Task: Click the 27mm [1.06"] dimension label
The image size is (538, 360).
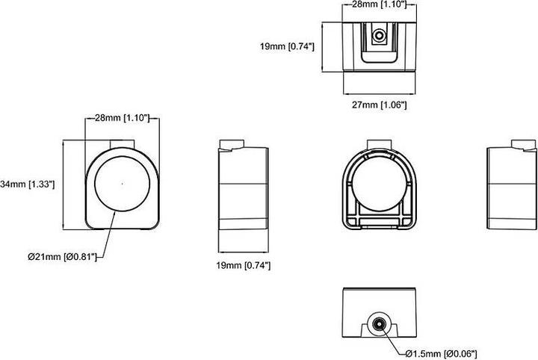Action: point(379,105)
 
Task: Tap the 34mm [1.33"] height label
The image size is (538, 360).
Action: point(28,184)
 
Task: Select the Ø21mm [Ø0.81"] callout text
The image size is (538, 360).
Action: point(63,256)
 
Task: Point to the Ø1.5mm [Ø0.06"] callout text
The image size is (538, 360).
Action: point(441,353)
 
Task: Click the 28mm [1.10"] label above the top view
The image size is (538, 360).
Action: point(379,4)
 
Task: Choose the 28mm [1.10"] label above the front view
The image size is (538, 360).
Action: point(122,118)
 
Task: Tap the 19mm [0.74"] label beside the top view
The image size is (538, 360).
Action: point(287,46)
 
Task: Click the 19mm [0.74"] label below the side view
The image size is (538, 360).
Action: point(244,265)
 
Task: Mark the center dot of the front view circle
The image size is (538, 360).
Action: point(122,184)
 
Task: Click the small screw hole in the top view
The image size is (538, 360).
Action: point(379,35)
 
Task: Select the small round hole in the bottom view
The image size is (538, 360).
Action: point(379,324)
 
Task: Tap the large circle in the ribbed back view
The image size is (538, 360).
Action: point(379,184)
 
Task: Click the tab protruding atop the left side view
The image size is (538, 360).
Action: point(232,144)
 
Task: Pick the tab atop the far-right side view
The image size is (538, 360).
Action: point(523,144)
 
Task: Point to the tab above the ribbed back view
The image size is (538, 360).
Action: point(379,144)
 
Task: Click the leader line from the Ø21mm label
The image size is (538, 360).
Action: point(107,235)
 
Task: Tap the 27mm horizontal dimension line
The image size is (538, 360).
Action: point(379,93)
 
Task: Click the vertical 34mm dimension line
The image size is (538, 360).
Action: point(64,184)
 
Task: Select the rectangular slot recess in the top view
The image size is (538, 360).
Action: point(379,43)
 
